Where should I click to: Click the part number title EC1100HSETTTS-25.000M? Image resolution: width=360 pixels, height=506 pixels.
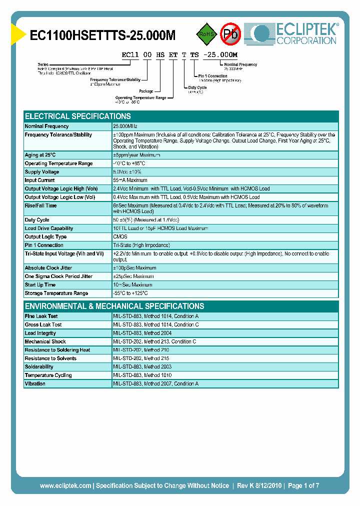[103, 35]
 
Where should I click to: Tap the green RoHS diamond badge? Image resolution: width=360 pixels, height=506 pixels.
[205, 34]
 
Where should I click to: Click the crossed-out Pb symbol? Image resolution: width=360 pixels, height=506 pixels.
[230, 34]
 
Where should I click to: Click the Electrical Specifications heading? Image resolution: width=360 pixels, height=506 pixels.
[78, 116]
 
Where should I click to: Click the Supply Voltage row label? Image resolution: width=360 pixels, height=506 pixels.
[42, 172]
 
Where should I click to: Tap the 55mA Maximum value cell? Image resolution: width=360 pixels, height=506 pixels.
[130, 180]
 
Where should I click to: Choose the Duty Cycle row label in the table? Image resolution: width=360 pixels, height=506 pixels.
[37, 220]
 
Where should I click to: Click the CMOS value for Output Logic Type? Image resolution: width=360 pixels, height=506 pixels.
[120, 237]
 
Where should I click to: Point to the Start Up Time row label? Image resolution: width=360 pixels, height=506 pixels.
[40, 285]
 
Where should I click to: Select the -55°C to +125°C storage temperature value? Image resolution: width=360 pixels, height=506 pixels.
[130, 293]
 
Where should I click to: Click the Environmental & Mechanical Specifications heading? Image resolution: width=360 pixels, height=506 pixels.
[114, 306]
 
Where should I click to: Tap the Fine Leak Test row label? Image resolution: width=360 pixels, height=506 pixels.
[41, 316]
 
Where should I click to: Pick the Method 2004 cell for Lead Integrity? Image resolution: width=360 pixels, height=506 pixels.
[143, 333]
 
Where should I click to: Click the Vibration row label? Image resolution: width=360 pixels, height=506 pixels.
[35, 384]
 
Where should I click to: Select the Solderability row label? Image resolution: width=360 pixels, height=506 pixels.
[39, 367]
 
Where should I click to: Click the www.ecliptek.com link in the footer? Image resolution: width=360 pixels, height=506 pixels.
[65, 485]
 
